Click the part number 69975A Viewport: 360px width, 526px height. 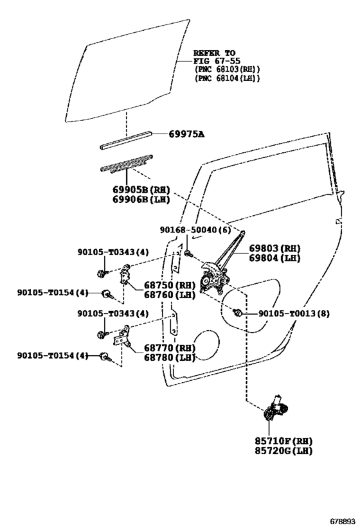click(x=186, y=134)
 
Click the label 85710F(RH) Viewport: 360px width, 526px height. click(x=275, y=441)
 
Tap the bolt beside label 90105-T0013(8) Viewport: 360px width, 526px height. click(x=237, y=313)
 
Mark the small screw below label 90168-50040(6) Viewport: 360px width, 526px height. click(x=187, y=254)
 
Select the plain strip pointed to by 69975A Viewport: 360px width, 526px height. click(x=126, y=140)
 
